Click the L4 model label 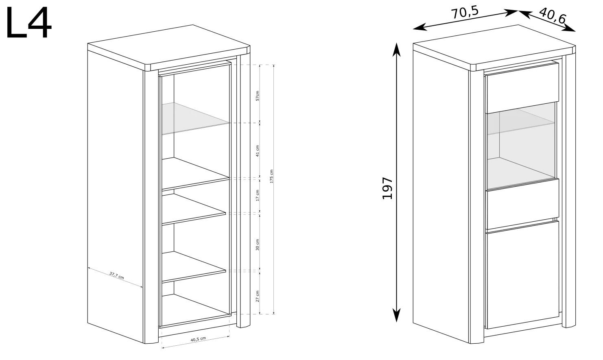(28, 23)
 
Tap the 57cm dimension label (257, 96)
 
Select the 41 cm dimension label (257, 151)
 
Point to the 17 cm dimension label (257, 195)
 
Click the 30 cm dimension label (257, 244)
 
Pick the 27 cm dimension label (257, 296)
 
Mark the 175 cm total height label (271, 176)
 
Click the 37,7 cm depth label (116, 275)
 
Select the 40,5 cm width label (198, 339)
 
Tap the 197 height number (387, 188)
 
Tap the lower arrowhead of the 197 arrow (396, 315)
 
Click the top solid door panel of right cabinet (522, 88)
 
